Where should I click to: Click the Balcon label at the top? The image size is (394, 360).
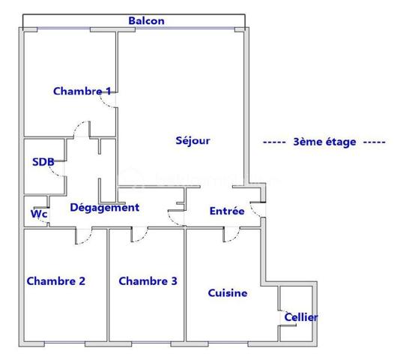pyautogui.click(x=146, y=21)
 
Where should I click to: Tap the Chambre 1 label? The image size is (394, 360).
pyautogui.click(x=82, y=91)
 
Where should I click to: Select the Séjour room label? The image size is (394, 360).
pyautogui.click(x=193, y=140)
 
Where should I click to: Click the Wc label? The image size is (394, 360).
pyautogui.click(x=38, y=214)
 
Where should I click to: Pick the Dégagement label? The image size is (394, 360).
pyautogui.click(x=104, y=208)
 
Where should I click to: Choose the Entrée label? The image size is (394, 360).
pyautogui.click(x=227, y=211)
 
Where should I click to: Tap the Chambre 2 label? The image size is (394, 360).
pyautogui.click(x=55, y=281)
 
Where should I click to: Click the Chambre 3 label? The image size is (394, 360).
pyautogui.click(x=148, y=281)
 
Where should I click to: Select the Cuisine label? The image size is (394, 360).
pyautogui.click(x=227, y=293)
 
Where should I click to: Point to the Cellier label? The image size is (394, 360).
pyautogui.click(x=300, y=317)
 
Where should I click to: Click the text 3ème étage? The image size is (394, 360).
pyautogui.click(x=324, y=142)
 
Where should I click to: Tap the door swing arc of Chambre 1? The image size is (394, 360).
pyautogui.click(x=112, y=103)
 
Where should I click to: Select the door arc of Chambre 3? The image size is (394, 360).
pyautogui.click(x=139, y=237)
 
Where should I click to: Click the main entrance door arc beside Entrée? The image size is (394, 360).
pyautogui.click(x=256, y=212)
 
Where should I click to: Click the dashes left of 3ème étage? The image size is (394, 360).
pyautogui.click(x=275, y=142)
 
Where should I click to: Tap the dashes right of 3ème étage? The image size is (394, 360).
pyautogui.click(x=374, y=142)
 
